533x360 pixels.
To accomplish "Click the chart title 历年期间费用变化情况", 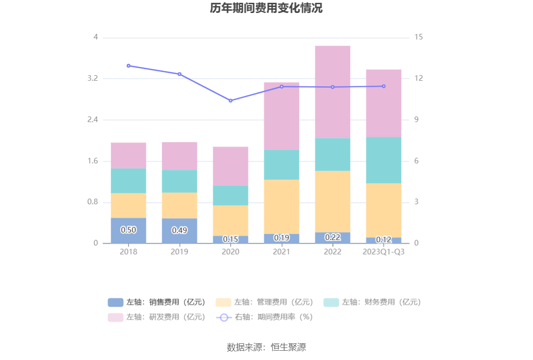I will [266, 8].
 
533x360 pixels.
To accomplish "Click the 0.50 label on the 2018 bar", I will [129, 230].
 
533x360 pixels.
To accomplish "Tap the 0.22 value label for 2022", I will [332, 237].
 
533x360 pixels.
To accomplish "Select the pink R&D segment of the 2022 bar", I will [332, 92].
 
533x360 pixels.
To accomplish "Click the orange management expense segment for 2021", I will [281, 206].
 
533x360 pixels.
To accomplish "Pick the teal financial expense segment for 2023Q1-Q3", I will [383, 160].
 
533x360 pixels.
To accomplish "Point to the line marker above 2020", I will [231, 101].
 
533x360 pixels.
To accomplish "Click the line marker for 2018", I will [129, 66].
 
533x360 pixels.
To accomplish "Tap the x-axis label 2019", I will [180, 252].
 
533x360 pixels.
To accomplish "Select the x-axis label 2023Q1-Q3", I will [383, 252].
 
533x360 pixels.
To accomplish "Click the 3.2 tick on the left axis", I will [92, 78].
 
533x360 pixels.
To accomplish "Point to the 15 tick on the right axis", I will [419, 37].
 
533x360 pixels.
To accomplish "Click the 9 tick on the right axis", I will [416, 120].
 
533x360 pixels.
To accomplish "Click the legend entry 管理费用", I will [265, 302].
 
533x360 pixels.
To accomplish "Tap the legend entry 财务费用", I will [372, 302].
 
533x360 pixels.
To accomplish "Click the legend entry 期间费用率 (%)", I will [265, 317].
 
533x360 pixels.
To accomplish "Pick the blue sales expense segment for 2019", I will [180, 231].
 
